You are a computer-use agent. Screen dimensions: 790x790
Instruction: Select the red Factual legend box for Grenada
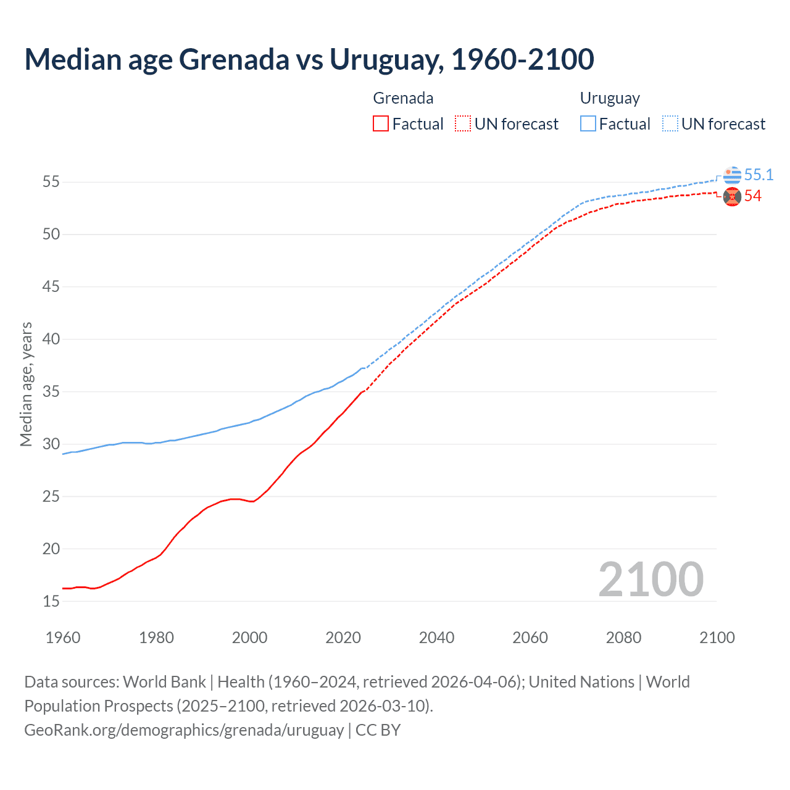tap(381, 124)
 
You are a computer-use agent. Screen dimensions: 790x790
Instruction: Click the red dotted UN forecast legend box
tap(463, 124)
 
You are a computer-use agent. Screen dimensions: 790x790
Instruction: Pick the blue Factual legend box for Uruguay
tap(588, 124)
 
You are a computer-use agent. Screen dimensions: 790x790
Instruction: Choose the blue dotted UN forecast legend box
tap(670, 124)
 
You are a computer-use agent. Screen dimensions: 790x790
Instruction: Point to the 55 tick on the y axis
tap(51, 182)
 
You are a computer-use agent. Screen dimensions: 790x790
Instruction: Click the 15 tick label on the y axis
tap(51, 601)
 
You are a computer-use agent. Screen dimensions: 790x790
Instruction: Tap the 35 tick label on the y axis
tap(51, 392)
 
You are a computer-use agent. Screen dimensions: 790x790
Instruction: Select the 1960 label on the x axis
tap(63, 638)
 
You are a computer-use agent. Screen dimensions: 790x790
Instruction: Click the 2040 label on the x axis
tap(436, 638)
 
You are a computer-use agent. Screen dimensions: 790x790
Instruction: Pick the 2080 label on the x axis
tap(623, 638)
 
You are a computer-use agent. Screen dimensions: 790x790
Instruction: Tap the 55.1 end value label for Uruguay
tap(759, 175)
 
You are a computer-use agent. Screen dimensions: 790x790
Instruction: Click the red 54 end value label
tap(752, 196)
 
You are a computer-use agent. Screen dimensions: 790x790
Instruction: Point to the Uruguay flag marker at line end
tap(732, 175)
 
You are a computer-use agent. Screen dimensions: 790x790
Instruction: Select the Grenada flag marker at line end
tap(732, 197)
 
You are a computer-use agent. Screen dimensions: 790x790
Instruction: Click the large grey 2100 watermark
tap(651, 580)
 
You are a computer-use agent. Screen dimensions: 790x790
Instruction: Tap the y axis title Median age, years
tap(26, 384)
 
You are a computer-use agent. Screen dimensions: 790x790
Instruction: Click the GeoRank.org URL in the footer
tap(184, 730)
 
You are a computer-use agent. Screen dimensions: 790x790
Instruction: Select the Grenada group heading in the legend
tap(403, 98)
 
